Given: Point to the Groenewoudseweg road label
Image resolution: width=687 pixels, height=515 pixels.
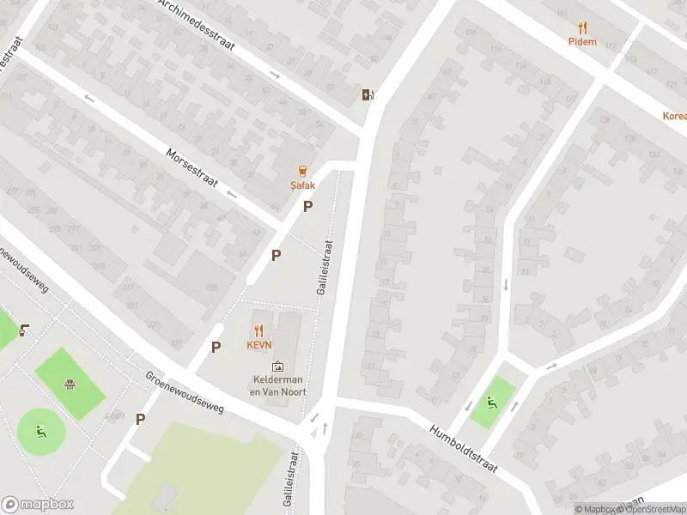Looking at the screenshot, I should [185, 392].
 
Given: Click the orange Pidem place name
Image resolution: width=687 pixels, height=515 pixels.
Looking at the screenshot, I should [582, 41].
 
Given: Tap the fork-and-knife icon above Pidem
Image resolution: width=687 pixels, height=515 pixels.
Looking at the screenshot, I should [582, 27].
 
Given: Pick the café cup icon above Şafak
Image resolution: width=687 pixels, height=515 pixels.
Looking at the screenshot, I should [301, 171].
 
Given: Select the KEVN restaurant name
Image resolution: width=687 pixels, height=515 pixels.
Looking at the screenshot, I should [259, 345].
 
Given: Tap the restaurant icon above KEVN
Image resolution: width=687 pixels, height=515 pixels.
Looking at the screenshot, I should [259, 330].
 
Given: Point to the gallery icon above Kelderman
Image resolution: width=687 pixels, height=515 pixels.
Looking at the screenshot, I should [277, 367].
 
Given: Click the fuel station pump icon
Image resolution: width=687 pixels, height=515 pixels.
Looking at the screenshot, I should [368, 94].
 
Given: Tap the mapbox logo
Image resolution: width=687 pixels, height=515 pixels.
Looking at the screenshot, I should [36, 505].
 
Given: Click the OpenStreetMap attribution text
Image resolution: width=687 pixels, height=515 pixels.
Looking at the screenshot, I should [652, 509].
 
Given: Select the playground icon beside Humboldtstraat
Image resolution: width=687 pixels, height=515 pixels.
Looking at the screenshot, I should [491, 401].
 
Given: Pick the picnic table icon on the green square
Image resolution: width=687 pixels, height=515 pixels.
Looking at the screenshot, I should [70, 384].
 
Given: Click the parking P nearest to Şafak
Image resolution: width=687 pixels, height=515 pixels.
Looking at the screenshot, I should [307, 206].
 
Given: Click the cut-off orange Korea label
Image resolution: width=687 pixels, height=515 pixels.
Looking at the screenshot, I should [674, 116].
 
